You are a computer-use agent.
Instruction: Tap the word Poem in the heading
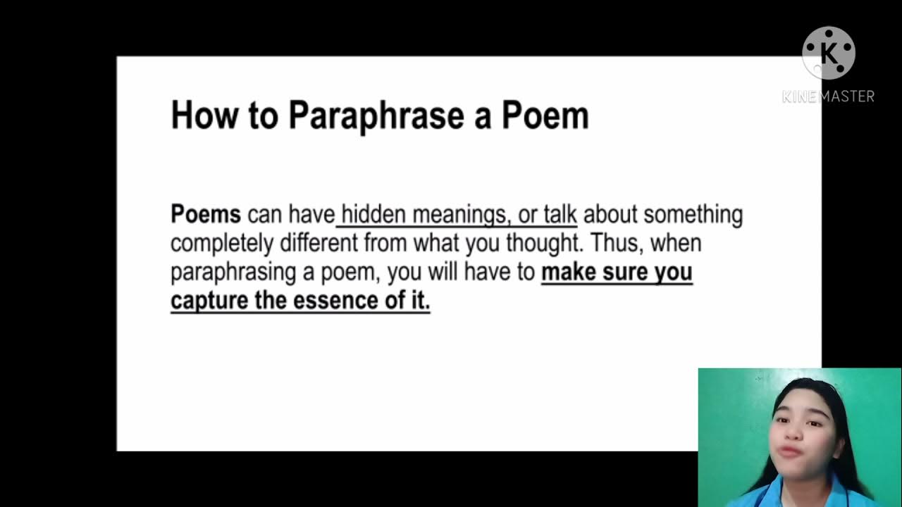click(x=545, y=115)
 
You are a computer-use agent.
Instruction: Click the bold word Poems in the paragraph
click(x=206, y=214)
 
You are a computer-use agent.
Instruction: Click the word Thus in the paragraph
click(x=614, y=243)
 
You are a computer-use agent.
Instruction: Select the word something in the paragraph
click(x=693, y=214)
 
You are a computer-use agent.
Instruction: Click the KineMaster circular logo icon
click(x=828, y=53)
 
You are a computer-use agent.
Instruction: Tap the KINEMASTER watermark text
click(x=828, y=96)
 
